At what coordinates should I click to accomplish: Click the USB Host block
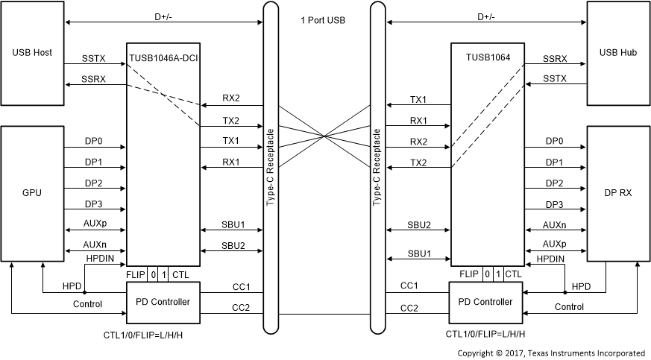32,54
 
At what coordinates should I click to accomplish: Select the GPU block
32,192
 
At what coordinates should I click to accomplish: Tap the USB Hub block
617,54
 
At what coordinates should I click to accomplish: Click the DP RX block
617,192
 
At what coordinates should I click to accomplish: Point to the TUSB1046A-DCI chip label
163,57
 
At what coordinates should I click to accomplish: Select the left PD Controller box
163,302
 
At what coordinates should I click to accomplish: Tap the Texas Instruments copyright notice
551,352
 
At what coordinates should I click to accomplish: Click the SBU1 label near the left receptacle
230,224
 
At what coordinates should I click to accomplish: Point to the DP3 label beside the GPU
94,204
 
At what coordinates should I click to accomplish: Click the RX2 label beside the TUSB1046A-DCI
230,99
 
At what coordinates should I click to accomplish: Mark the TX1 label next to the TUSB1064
418,99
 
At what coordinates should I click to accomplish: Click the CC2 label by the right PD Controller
409,307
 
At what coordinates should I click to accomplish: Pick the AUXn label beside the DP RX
554,225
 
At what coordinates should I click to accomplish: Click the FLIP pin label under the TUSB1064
468,274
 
